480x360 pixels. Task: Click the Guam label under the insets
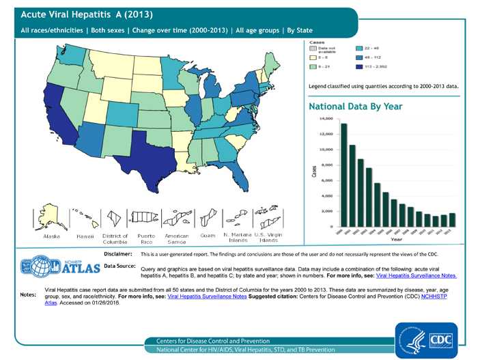[x=208, y=236]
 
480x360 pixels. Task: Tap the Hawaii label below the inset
[x=85, y=236]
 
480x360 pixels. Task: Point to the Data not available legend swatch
[x=314, y=49]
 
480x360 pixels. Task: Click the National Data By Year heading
[x=355, y=107]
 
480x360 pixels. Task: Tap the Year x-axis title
[x=396, y=240]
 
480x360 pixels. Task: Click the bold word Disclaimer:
[x=117, y=253]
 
